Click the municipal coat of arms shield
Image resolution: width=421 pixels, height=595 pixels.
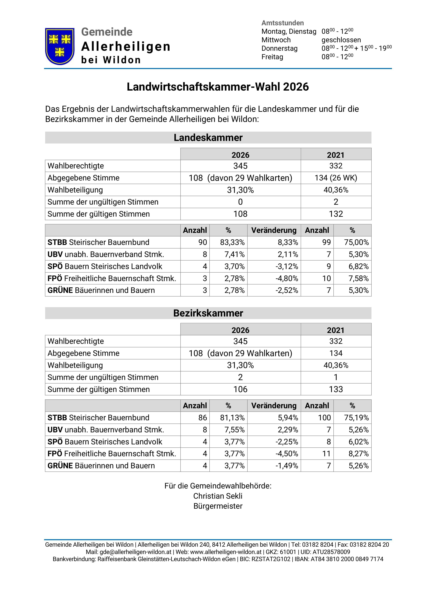coord(60,46)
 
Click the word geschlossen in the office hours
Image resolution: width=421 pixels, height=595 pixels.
coord(341,40)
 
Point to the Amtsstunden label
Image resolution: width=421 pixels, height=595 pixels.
coord(282,23)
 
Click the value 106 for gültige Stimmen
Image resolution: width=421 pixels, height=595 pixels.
coord(240,389)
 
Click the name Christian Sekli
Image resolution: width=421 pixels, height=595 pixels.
coord(218,496)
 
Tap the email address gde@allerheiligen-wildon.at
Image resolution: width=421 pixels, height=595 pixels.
coord(135,552)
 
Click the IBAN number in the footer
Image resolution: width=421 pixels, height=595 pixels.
coord(347,559)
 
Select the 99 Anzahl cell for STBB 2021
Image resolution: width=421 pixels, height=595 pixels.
coord(326,242)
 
